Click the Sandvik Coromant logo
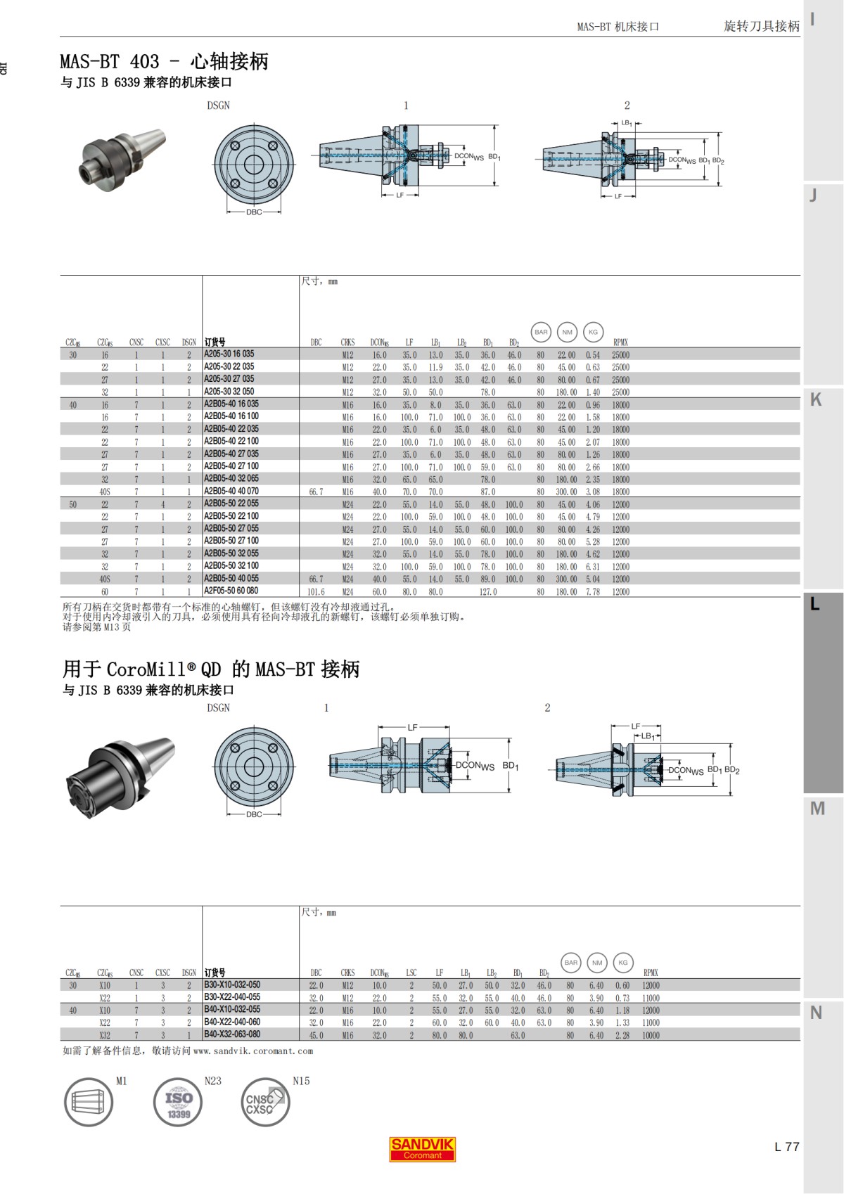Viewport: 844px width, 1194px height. click(x=422, y=1148)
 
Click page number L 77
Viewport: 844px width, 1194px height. click(x=786, y=1146)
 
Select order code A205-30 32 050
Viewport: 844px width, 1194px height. click(x=229, y=392)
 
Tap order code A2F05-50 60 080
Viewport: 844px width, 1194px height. click(x=231, y=591)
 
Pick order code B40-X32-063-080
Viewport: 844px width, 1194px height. click(x=232, y=1034)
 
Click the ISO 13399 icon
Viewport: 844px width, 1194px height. click(x=178, y=1102)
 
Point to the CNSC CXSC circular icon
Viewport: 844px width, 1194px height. click(x=264, y=1102)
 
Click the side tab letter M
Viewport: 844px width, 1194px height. click(x=817, y=809)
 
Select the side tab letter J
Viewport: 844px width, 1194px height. click(x=814, y=195)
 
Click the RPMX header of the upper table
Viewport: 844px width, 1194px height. click(x=620, y=342)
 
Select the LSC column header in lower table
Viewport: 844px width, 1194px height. click(x=411, y=973)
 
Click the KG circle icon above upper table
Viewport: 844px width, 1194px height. click(x=593, y=332)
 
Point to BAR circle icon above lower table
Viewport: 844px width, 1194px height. click(x=571, y=963)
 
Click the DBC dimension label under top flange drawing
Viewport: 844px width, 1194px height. click(x=254, y=212)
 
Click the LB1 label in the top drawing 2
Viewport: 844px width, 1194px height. click(x=626, y=123)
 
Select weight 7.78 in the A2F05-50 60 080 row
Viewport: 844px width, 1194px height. click(x=593, y=592)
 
